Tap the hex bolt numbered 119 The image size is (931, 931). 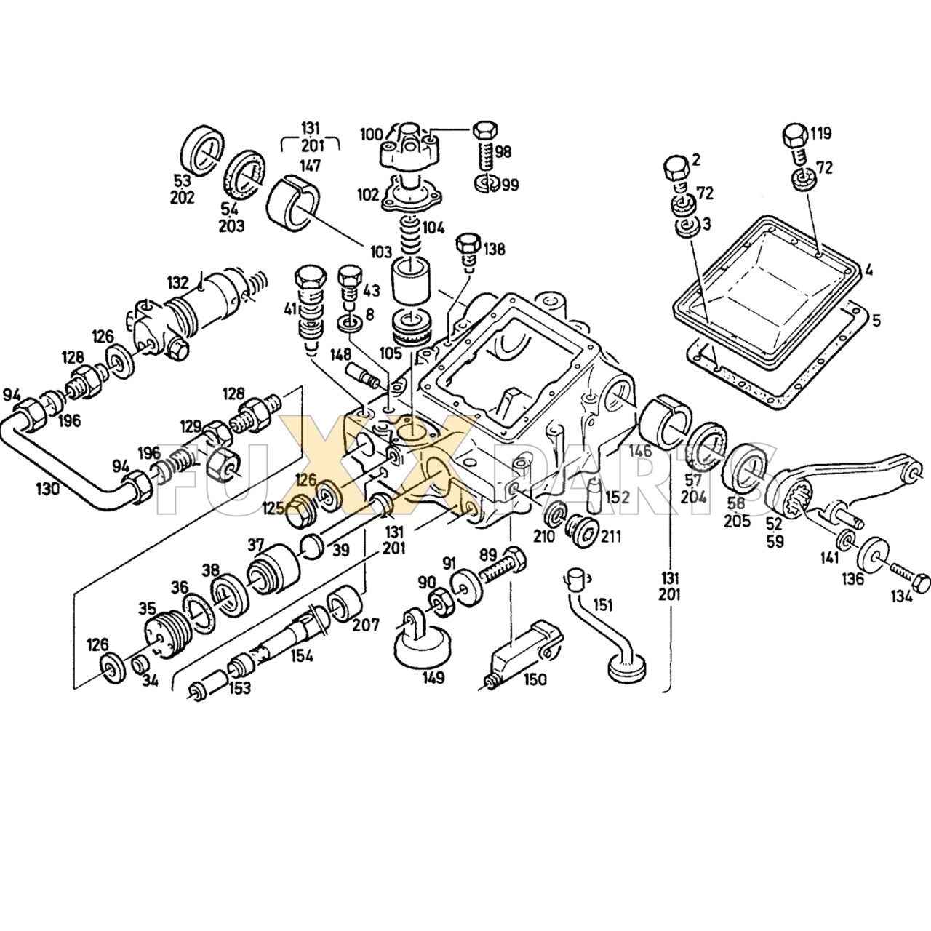pos(796,136)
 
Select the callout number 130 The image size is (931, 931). pos(48,489)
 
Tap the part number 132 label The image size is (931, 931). pos(178,282)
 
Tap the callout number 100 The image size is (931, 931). pos(371,134)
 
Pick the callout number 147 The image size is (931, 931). pos(311,166)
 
